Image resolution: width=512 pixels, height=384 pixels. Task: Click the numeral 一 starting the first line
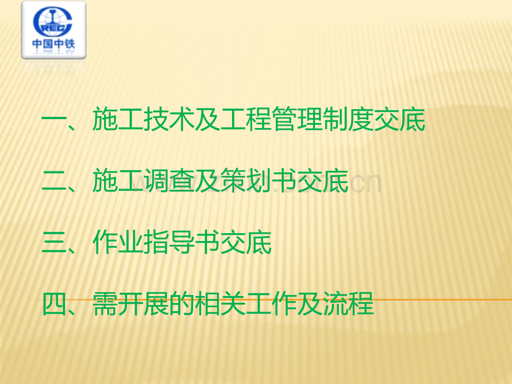(53, 120)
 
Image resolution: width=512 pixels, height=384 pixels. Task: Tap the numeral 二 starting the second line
(53, 181)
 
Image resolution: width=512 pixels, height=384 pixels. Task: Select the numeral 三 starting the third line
(53, 242)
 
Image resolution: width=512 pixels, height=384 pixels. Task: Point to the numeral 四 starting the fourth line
(53, 304)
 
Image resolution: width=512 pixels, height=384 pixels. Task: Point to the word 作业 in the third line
(118, 242)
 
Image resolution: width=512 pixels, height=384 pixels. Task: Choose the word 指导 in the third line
(169, 242)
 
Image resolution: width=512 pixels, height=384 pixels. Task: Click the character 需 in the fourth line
(105, 304)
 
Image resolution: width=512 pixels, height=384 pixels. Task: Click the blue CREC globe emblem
(52, 22)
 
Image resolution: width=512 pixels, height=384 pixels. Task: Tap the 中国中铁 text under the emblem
(53, 44)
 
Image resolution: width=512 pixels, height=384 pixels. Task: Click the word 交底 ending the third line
(246, 242)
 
